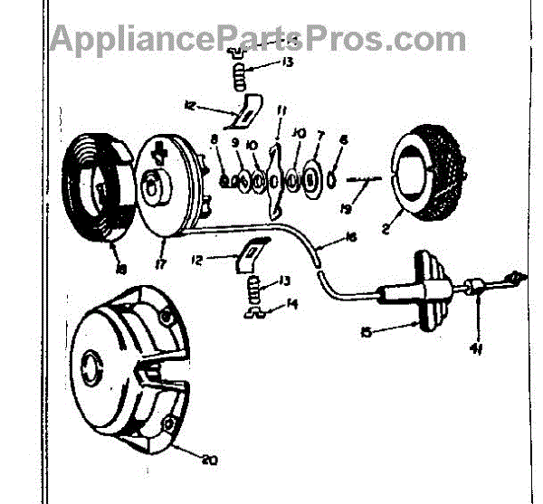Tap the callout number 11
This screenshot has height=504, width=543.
coord(282,112)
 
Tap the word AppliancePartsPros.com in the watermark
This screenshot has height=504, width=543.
coord(258,39)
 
